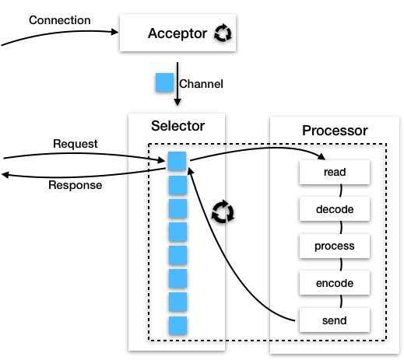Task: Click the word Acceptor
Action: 177,33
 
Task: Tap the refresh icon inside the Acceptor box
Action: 223,33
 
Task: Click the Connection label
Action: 60,20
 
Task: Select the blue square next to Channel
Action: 164,82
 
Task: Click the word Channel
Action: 201,84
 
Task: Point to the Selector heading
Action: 177,126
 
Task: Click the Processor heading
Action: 335,131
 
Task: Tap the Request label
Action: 76,144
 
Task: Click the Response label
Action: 76,185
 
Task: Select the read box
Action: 335,172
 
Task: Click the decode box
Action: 335,209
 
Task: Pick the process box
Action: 335,246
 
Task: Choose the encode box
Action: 335,283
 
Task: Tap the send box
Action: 335,320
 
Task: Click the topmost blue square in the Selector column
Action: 177,161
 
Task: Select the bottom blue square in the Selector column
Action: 177,326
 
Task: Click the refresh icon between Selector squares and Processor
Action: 223,211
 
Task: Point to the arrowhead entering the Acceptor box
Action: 114,32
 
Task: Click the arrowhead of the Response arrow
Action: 5,175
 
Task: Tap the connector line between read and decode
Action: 341,190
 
